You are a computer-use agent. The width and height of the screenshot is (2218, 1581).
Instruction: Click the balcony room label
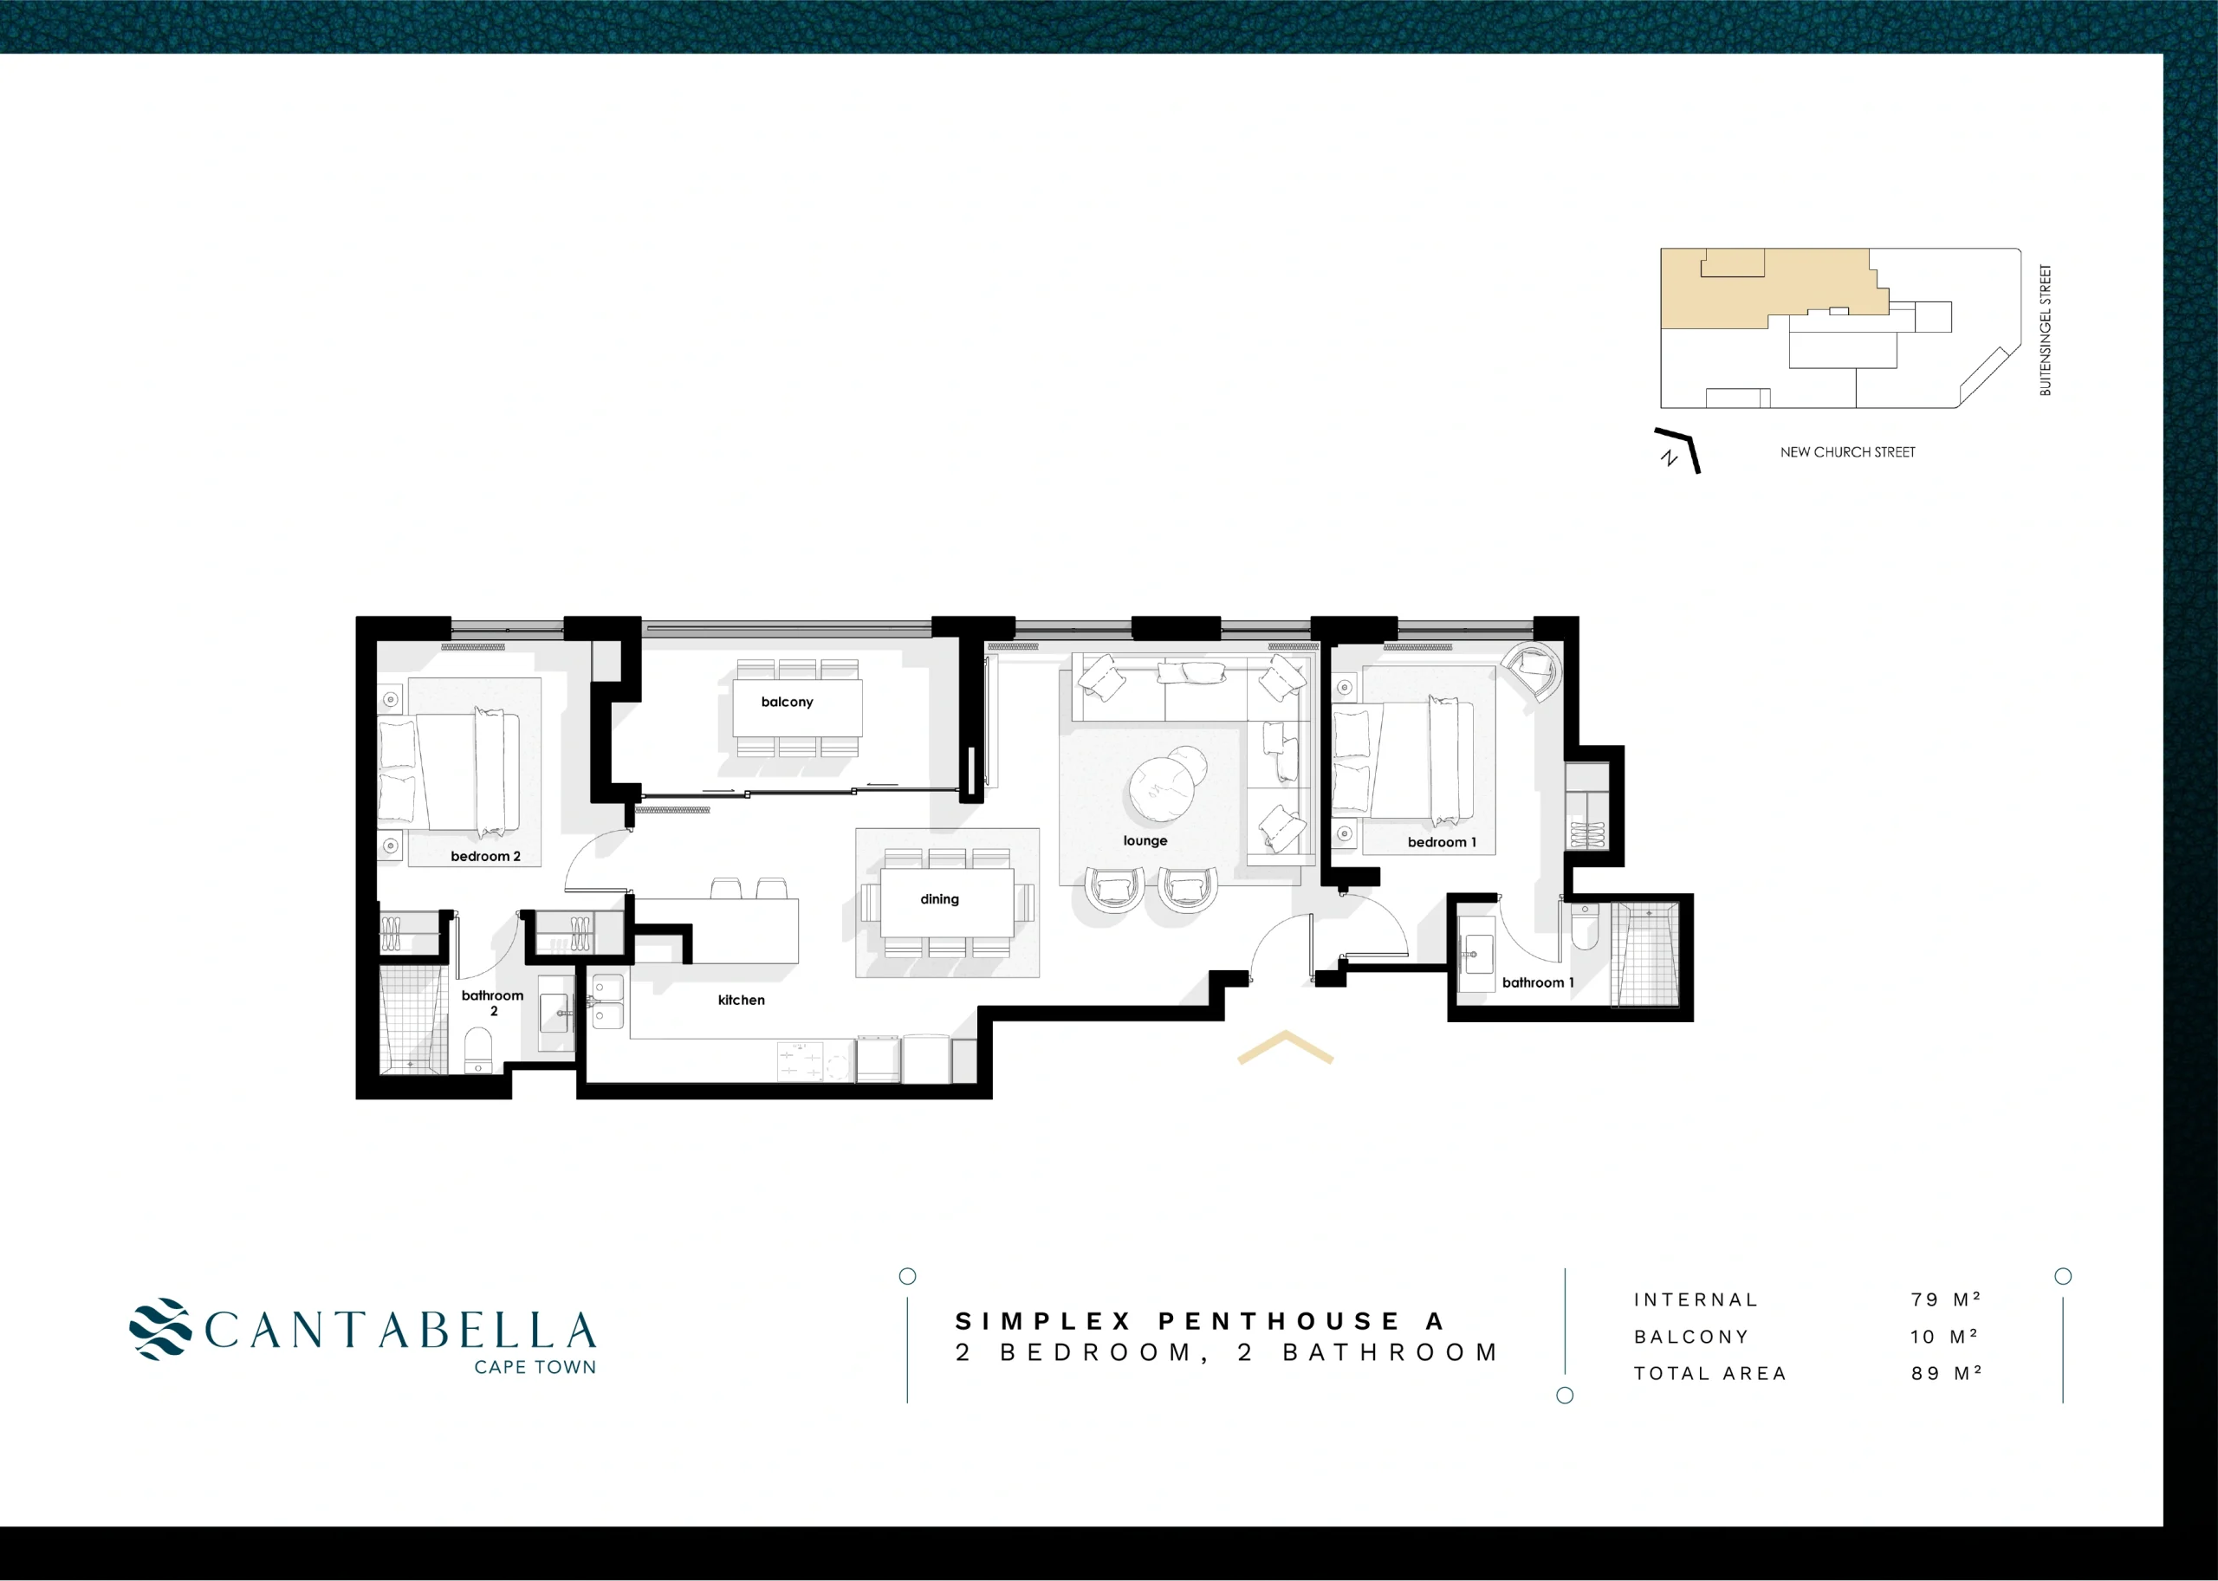[787, 702]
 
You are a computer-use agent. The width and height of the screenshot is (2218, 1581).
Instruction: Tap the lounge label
[1145, 840]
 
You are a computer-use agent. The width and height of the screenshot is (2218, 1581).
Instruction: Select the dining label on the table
[939, 899]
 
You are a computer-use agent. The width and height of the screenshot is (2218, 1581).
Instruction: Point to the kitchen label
[741, 1000]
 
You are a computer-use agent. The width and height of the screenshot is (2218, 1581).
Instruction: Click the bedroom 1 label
[1442, 842]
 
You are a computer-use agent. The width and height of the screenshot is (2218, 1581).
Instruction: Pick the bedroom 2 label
[486, 857]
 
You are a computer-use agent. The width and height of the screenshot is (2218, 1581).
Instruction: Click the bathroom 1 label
[1537, 982]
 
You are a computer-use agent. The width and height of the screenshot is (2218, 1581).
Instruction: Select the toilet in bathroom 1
[1586, 928]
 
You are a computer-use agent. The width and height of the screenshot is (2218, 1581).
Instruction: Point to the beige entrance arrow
[1285, 1046]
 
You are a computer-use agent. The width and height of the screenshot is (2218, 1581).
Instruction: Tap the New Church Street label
[1847, 453]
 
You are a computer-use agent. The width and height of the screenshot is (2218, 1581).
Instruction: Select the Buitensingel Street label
[2045, 330]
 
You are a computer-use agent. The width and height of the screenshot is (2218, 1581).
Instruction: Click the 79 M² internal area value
[1945, 1299]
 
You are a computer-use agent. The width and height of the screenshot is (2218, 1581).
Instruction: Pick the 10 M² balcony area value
[1943, 1337]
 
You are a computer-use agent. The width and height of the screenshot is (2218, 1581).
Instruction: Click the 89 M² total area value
[1946, 1374]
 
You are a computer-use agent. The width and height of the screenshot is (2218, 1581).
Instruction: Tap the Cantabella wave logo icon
[159, 1328]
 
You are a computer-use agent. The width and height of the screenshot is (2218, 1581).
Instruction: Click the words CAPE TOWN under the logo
[535, 1368]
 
